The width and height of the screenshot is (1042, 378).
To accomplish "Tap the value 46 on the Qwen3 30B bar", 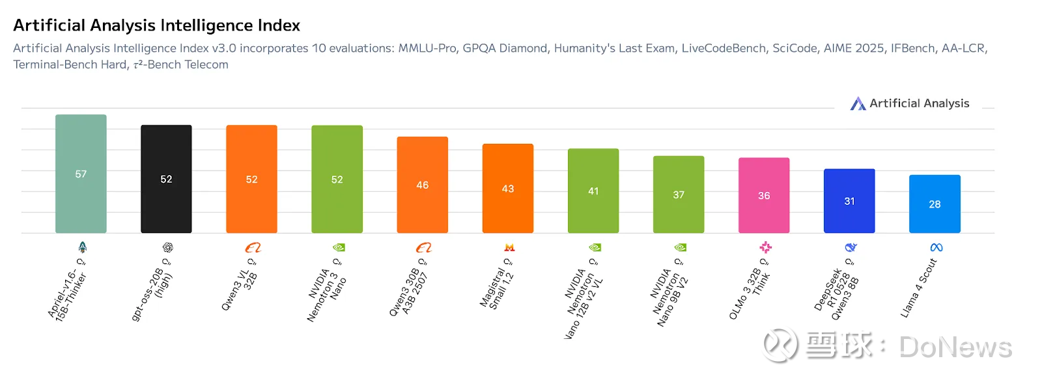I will coord(422,185).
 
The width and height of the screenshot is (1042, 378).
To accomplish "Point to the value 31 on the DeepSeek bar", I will coord(849,202).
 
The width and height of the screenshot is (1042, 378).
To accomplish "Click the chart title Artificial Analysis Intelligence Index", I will coord(156,25).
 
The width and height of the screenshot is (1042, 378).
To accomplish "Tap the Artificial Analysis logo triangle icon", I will coord(858,103).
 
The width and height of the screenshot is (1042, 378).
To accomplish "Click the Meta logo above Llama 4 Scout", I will coord(936,247).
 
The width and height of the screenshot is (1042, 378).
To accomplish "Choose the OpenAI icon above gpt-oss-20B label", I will coord(168,247).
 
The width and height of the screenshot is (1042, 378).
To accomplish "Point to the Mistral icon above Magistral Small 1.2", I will coord(509,247).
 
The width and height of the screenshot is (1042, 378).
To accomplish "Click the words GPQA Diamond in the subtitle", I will coord(505,48).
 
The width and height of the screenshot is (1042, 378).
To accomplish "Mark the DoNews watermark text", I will coord(955,347).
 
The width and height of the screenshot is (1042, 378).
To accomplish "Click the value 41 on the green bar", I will coord(593,191).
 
